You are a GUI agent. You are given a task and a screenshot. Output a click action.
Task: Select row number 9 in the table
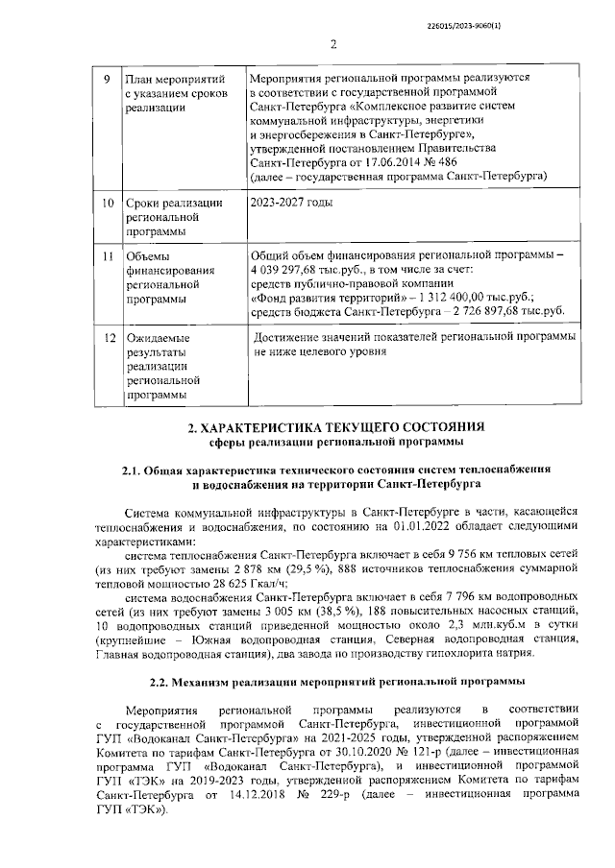(x=106, y=77)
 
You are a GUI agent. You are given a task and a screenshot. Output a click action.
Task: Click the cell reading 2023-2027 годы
(x=290, y=205)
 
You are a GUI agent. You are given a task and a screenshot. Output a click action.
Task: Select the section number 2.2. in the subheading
(x=162, y=708)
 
